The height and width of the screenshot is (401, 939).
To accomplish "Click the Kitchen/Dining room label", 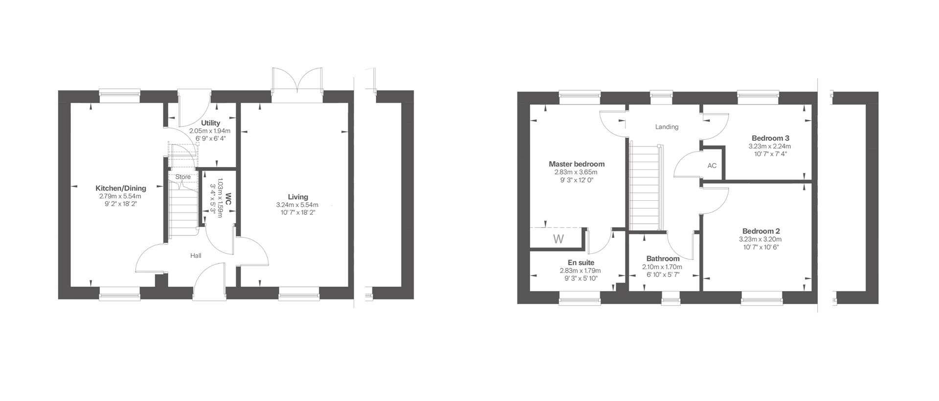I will pyautogui.click(x=120, y=189).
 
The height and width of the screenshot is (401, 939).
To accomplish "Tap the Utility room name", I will pyautogui.click(x=210, y=123).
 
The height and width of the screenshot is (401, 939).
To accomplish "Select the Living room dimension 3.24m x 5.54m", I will pyautogui.click(x=297, y=205).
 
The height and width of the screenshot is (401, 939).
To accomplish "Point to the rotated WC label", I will pyautogui.click(x=228, y=199).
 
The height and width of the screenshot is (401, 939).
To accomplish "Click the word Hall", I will pyautogui.click(x=196, y=256).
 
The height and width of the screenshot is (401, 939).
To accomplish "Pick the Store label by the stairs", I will pyautogui.click(x=183, y=177).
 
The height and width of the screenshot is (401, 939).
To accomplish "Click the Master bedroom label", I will pyautogui.click(x=576, y=164).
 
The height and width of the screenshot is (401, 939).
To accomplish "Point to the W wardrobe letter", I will pyautogui.click(x=558, y=239).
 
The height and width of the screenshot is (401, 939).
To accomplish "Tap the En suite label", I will pyautogui.click(x=581, y=263).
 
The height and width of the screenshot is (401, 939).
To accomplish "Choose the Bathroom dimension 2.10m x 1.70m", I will pyautogui.click(x=662, y=267).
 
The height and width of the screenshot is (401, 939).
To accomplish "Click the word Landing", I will pyautogui.click(x=667, y=127).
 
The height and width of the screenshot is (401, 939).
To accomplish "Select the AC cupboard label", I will pyautogui.click(x=712, y=166).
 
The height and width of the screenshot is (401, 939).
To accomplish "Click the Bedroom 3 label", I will pyautogui.click(x=770, y=138).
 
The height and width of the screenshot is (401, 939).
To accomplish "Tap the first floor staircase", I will pyautogui.click(x=645, y=186).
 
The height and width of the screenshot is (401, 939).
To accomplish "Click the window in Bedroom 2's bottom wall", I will pyautogui.click(x=761, y=297).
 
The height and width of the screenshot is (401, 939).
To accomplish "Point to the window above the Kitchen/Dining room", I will pyautogui.click(x=119, y=96).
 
